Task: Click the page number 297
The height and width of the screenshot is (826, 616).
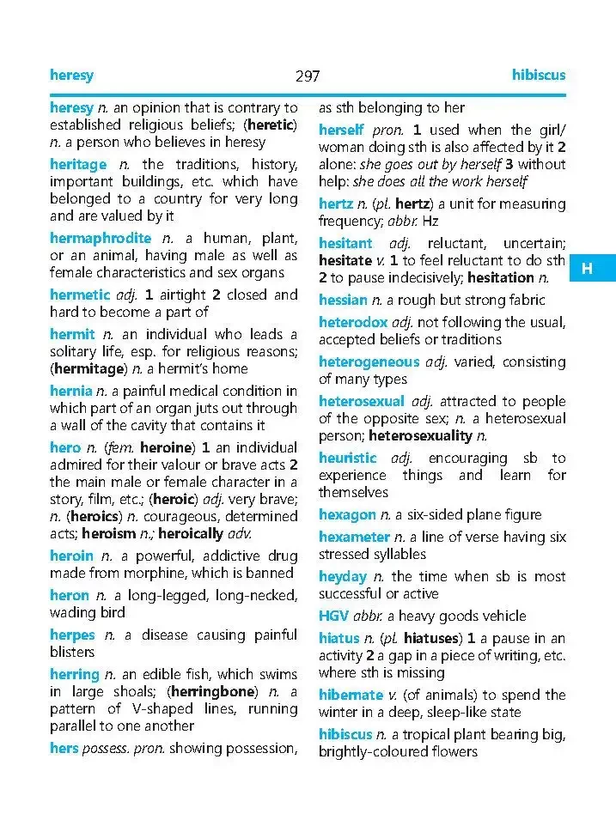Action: click(x=308, y=76)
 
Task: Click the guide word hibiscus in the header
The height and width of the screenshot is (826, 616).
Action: click(x=539, y=76)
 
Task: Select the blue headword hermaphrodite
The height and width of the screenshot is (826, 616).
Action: click(x=100, y=238)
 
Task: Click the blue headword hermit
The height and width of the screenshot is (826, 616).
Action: click(x=72, y=334)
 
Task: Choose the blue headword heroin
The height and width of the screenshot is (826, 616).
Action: click(x=71, y=556)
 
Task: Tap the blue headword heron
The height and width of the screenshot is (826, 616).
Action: click(x=70, y=595)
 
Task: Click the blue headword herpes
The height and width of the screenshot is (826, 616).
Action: click(x=72, y=635)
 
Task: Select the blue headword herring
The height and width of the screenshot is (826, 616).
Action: click(x=76, y=674)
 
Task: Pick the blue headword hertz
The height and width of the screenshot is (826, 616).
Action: click(x=336, y=203)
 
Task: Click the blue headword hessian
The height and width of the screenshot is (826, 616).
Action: click(x=343, y=300)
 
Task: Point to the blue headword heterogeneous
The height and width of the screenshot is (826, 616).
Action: click(x=369, y=361)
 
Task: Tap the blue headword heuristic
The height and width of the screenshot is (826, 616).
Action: click(x=347, y=458)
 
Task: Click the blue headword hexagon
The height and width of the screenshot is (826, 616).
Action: click(x=347, y=514)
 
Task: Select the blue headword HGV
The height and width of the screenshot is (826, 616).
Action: click(x=333, y=616)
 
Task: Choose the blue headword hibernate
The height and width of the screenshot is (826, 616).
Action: click(x=351, y=695)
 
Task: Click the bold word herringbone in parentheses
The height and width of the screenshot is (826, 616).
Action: click(x=212, y=691)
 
